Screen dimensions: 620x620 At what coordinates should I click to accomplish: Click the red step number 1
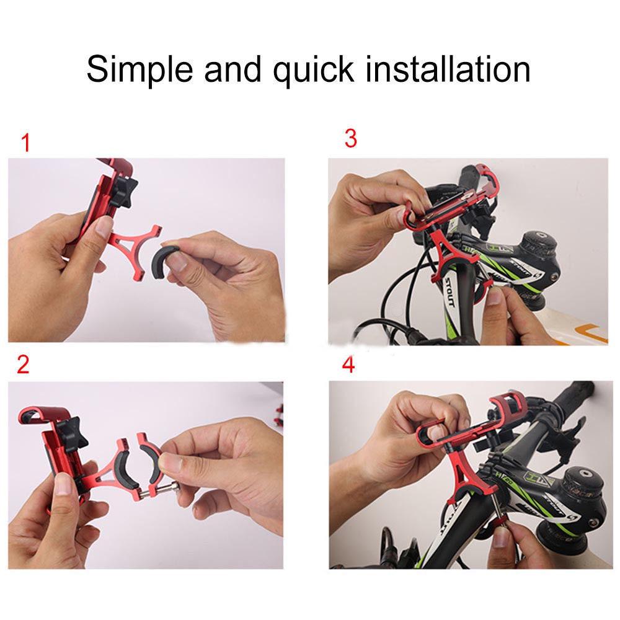pyautogui.click(x=25, y=144)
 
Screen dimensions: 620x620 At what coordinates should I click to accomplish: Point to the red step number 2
pyautogui.click(x=23, y=365)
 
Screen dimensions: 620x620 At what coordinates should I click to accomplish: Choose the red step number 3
pyautogui.click(x=350, y=139)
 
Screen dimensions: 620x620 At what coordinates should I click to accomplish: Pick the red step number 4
pyautogui.click(x=348, y=365)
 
